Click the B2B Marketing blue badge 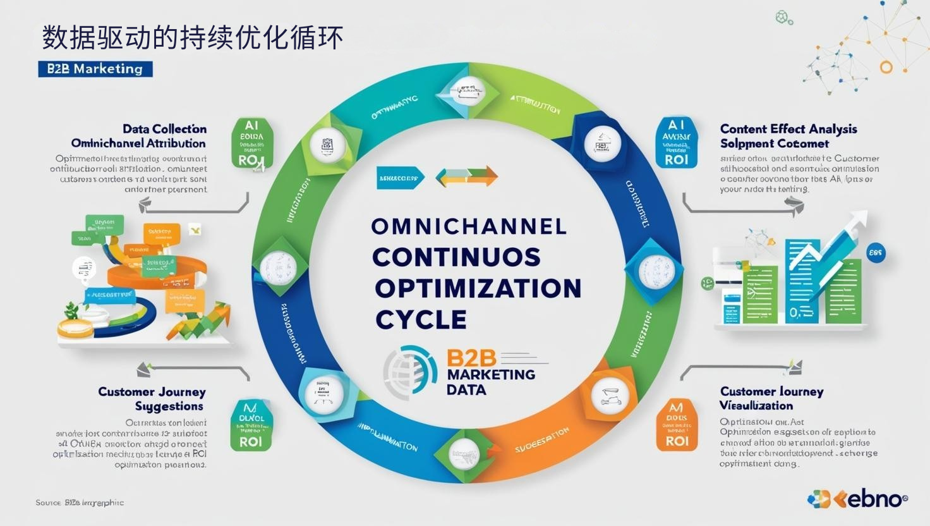coord(95,69)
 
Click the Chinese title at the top coord(193,38)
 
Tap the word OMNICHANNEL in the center coord(468,226)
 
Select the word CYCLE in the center coord(421,319)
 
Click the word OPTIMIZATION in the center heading coord(478,288)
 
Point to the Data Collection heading coord(164,129)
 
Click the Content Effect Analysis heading coord(788,129)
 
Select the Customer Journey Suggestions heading coord(152,399)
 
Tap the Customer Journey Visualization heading coord(771,398)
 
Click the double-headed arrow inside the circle coord(467,176)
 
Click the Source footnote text coord(80,503)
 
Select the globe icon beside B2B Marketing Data coord(410,371)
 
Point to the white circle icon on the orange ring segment coord(610,395)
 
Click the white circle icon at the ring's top coord(468,89)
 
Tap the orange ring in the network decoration coord(886,66)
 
